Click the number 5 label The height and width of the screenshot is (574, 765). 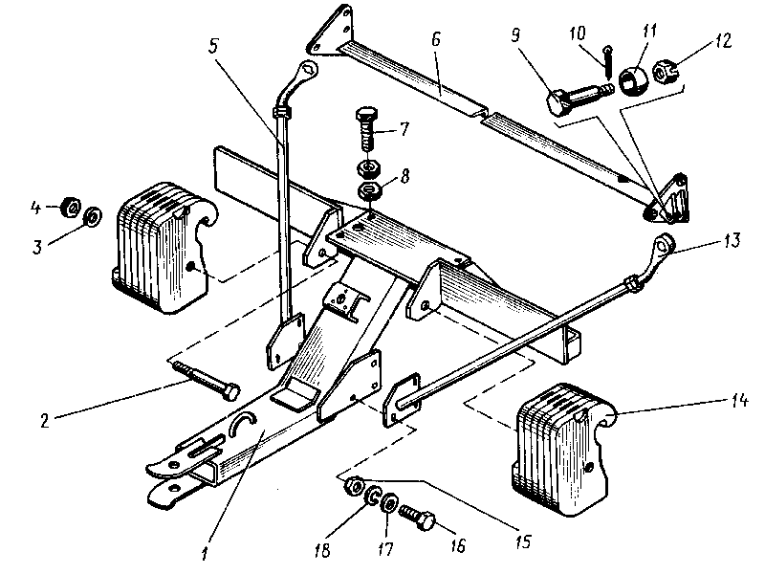pos(213,43)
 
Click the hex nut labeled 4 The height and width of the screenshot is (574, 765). pos(69,206)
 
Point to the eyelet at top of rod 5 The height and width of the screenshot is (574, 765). pos(307,69)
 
